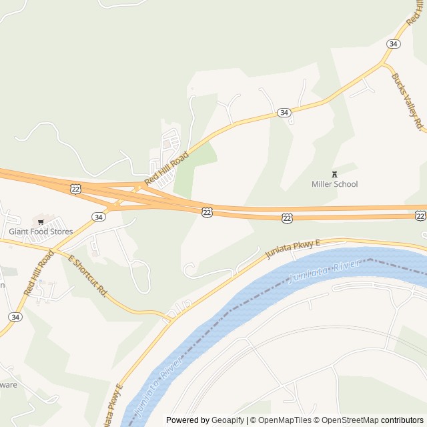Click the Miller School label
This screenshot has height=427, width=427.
point(334,184)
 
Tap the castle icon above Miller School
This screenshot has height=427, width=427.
point(334,175)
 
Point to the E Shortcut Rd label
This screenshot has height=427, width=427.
point(87,275)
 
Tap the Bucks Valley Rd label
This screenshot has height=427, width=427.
point(408,101)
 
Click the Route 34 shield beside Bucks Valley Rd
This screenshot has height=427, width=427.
point(394,43)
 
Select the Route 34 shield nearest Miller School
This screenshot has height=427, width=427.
point(284,113)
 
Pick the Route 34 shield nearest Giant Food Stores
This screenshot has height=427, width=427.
point(99,217)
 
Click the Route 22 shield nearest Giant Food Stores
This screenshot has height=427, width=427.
point(75,189)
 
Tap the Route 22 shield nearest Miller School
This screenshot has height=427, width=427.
point(287,218)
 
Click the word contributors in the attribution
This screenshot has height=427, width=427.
point(402,420)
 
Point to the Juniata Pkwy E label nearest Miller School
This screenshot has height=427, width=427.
point(293,248)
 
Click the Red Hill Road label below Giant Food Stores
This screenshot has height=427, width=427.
point(39,272)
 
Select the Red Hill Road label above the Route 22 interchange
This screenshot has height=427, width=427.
point(167,169)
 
